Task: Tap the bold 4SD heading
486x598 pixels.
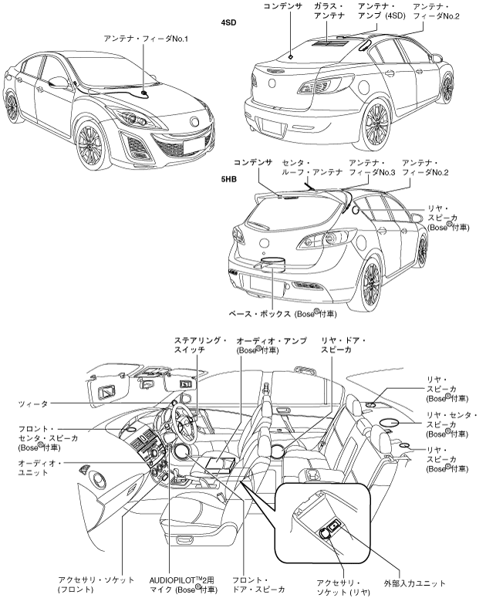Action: coord(228,22)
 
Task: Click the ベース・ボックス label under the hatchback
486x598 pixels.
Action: coord(282,315)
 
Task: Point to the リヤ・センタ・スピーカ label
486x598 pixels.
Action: coord(451,425)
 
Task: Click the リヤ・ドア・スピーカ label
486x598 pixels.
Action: coord(343,345)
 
